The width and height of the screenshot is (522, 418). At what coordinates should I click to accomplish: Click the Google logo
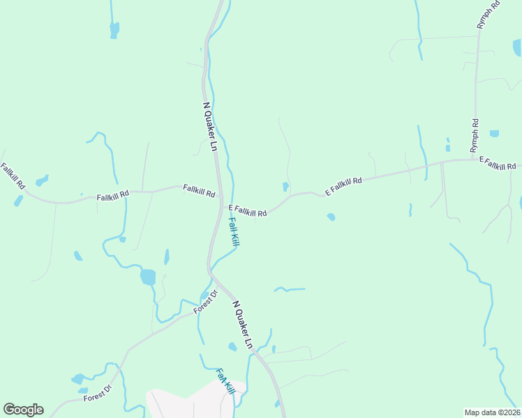point(23,410)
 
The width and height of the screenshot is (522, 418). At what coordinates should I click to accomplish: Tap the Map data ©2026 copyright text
point(492,412)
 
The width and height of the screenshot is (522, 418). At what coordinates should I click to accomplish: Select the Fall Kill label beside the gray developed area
point(224,382)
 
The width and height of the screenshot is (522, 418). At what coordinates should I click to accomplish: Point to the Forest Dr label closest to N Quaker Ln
point(205,302)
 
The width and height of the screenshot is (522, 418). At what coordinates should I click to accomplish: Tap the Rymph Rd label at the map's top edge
point(489,15)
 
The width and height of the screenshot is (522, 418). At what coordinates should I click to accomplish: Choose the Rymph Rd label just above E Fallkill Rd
point(475,136)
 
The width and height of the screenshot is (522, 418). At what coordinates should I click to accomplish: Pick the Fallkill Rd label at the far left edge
point(13,176)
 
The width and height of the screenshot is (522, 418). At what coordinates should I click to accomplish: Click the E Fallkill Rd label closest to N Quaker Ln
point(248,210)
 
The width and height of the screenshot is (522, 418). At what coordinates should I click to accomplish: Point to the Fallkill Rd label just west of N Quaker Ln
point(198,189)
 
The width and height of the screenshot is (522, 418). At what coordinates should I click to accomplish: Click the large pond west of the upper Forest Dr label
point(148,277)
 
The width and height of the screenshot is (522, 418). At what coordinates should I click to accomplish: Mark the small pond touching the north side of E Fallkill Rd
point(285,186)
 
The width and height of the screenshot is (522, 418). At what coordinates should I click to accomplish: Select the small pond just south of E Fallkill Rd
point(331,217)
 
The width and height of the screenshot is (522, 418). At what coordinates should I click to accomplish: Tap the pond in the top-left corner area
point(114,29)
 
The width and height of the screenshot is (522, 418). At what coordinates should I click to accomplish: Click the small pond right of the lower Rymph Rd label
point(494,133)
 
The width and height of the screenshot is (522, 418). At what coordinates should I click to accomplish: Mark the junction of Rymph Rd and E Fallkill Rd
point(476,160)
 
